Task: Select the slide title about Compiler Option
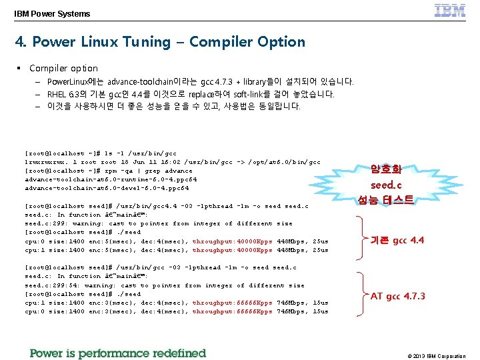pyautogui.click(x=160, y=42)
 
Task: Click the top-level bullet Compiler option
pyautogui.click(x=63, y=68)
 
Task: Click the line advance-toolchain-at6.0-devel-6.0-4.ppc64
pyautogui.click(x=111, y=188)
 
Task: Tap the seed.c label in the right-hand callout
pyautogui.click(x=386, y=185)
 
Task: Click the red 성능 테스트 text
pyautogui.click(x=386, y=199)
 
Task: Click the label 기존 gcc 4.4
pyautogui.click(x=397, y=240)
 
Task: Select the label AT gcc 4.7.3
pyautogui.click(x=397, y=296)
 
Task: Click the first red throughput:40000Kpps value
pyautogui.click(x=232, y=241)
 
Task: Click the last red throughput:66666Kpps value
pyautogui.click(x=232, y=311)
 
